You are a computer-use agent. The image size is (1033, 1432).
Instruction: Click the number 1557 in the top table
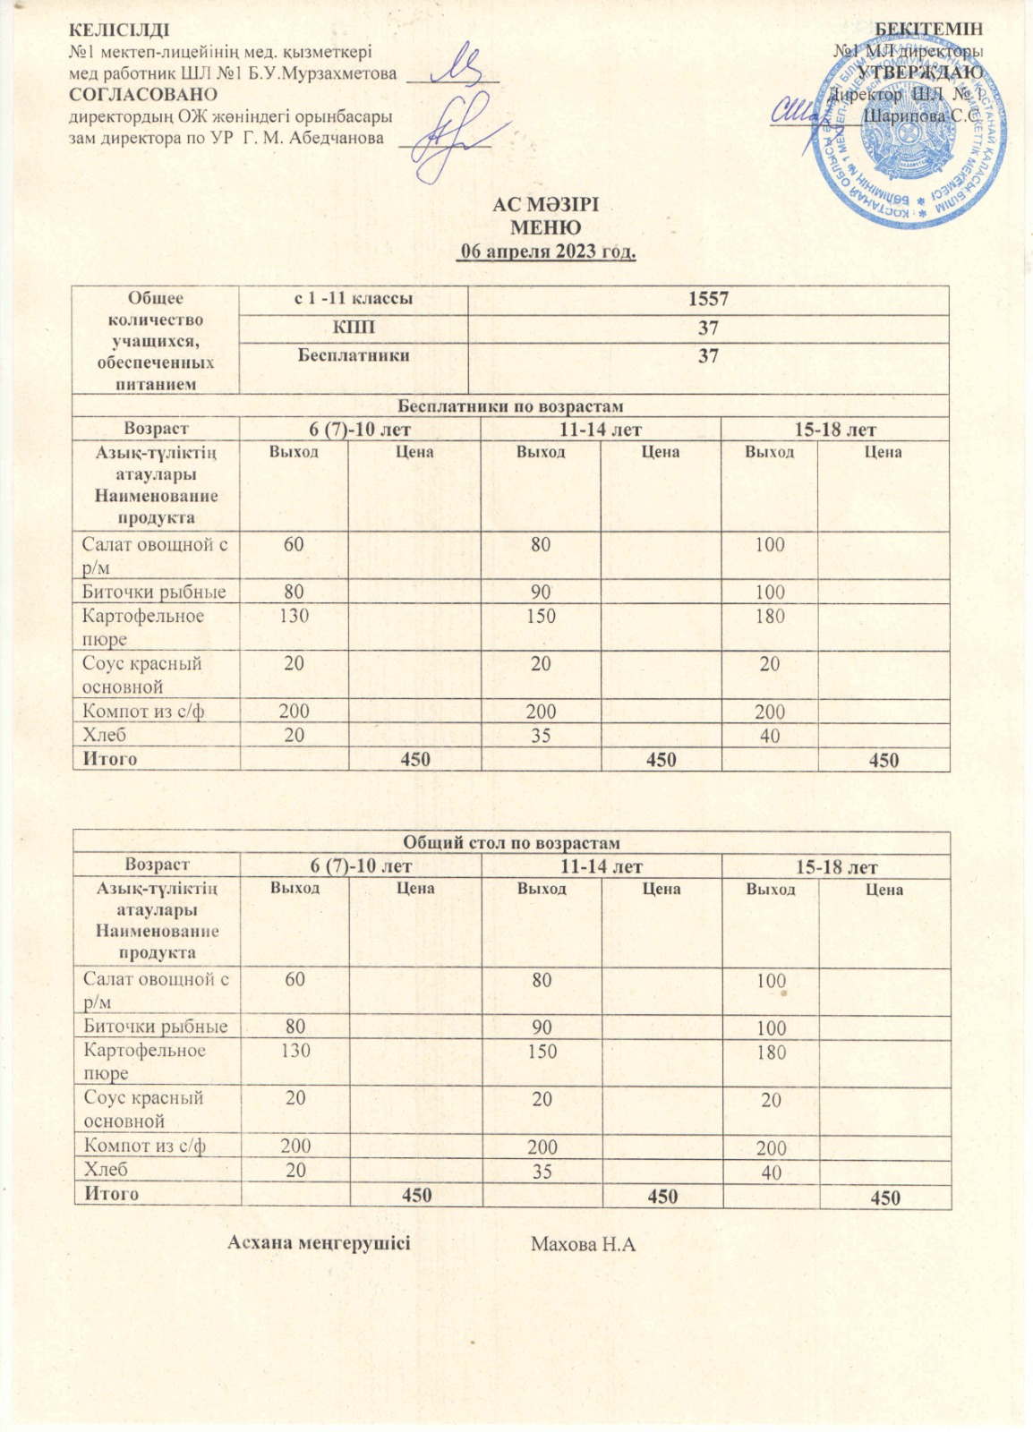click(707, 300)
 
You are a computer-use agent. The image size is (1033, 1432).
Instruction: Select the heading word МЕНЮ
click(545, 227)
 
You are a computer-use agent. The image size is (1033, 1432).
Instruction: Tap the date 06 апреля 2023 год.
click(546, 251)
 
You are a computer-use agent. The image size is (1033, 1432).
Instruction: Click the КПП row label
click(354, 328)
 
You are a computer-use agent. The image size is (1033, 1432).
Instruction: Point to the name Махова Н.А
click(583, 1243)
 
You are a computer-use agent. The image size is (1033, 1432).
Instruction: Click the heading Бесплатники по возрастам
click(509, 406)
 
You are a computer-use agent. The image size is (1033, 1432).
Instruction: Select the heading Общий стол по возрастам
click(511, 843)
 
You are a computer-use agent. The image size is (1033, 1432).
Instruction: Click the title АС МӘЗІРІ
click(545, 205)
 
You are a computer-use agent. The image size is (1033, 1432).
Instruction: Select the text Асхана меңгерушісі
click(319, 1242)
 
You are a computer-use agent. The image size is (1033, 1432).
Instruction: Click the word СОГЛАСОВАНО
click(143, 94)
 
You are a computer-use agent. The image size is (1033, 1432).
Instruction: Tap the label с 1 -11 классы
click(354, 299)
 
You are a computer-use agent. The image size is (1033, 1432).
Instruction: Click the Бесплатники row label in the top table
click(354, 355)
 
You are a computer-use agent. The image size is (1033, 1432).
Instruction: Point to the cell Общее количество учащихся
click(155, 341)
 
